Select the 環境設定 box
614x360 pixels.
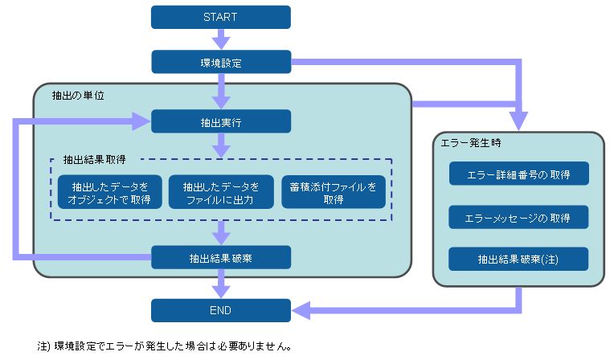[221, 63]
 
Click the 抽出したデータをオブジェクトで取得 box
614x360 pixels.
[110, 193]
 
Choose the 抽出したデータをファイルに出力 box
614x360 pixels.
[221, 193]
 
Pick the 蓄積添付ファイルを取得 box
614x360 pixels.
[333, 193]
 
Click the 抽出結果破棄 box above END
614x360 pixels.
[221, 258]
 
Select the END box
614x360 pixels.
[221, 310]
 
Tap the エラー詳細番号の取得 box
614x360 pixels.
[518, 174]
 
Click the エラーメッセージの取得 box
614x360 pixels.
[518, 217]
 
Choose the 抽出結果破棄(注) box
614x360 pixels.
[518, 260]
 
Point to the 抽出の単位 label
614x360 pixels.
[72, 95]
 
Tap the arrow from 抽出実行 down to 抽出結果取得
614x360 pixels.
[221, 145]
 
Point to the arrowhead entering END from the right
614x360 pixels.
[299, 310]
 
